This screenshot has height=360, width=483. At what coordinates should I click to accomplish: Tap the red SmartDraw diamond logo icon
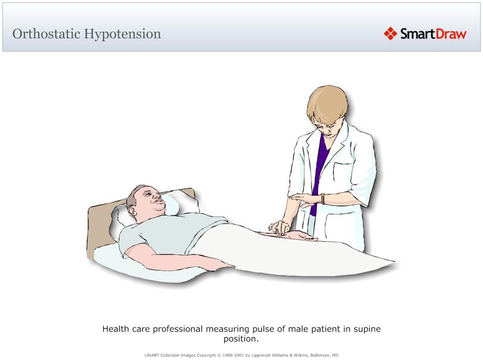[x=391, y=34]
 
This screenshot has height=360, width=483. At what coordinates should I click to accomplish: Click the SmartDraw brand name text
[x=433, y=34]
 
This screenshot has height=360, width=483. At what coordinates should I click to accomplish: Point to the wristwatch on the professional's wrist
[x=322, y=199]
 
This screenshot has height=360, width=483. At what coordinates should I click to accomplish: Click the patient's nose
[x=158, y=197]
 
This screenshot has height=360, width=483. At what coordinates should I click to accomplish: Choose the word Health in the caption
[x=116, y=329]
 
